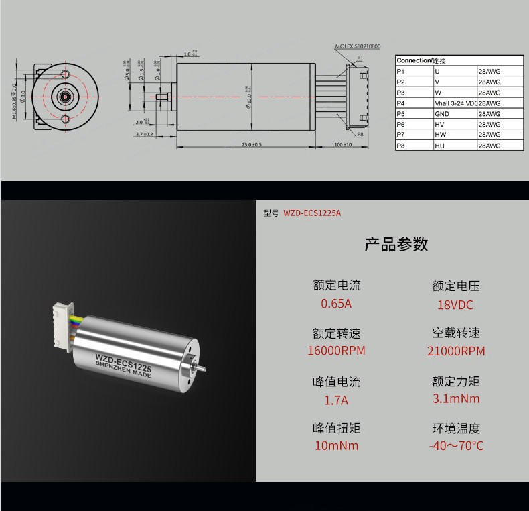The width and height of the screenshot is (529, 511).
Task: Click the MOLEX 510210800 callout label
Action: point(357,47)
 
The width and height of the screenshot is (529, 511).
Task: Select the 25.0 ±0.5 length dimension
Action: point(251,144)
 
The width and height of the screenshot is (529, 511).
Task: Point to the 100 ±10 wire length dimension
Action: point(343,144)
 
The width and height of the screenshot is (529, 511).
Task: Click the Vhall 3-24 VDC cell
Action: point(455,103)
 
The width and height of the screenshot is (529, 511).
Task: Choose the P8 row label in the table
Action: point(401,146)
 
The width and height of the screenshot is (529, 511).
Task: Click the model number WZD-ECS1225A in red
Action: point(312,213)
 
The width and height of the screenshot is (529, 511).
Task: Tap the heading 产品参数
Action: point(396,244)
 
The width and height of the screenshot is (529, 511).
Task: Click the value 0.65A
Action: point(336,304)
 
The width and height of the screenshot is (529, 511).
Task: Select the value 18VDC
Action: point(455,305)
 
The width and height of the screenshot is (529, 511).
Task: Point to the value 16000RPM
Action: point(336,351)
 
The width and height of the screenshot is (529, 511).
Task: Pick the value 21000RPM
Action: point(456,351)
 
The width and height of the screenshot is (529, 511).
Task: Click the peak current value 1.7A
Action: point(336,400)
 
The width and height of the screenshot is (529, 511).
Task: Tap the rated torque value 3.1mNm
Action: point(456,399)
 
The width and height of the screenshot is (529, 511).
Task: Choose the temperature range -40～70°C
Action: point(456,446)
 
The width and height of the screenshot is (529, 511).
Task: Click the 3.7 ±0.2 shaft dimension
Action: point(144,134)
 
